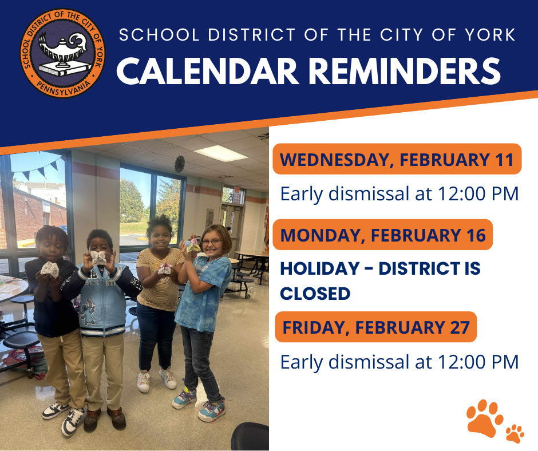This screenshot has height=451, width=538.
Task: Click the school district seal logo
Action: pos(64,53)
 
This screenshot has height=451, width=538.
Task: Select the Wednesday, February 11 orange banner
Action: pos(397,159)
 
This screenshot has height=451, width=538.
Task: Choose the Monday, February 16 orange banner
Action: pos(382,235)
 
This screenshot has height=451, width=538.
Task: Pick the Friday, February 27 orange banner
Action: pos(375,327)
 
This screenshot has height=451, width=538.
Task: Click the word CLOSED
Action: pos(315,294)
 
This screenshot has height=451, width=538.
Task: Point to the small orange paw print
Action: pos(515,433)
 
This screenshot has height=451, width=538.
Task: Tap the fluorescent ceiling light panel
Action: pos(220,153)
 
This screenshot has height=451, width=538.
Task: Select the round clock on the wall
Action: pos(180,163)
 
